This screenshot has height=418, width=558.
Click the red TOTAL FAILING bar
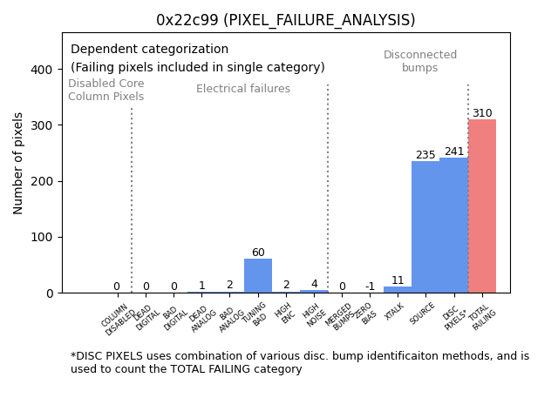(482, 206)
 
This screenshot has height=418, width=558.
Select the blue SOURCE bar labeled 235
(425, 227)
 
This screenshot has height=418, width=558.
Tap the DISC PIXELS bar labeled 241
(453, 226)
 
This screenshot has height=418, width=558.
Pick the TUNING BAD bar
(258, 276)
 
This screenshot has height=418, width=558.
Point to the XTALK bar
(398, 289)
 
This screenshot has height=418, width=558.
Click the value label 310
(482, 113)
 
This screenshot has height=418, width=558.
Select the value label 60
(258, 253)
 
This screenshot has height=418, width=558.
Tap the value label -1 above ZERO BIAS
(370, 287)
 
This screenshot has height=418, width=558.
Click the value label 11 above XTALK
(398, 280)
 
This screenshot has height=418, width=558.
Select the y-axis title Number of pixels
(18, 163)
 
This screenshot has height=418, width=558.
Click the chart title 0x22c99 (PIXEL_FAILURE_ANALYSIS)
(286, 20)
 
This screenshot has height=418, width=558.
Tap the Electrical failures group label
(243, 89)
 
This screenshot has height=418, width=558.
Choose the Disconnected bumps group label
(420, 61)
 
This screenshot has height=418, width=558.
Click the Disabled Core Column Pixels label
(106, 90)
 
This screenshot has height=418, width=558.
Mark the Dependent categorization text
(149, 50)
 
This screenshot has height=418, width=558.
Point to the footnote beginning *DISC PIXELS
(299, 362)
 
